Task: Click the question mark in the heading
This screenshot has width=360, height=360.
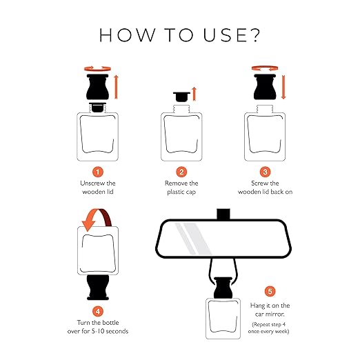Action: click(254, 35)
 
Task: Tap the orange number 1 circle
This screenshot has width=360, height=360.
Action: click(98, 172)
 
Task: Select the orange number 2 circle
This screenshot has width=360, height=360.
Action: click(181, 172)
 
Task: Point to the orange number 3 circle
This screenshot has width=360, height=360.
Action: click(265, 172)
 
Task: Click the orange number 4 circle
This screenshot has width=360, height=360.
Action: click(98, 312)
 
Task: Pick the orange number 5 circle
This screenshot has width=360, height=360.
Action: click(270, 291)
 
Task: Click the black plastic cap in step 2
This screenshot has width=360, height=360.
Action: click(181, 97)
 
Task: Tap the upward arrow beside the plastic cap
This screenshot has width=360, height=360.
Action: click(194, 94)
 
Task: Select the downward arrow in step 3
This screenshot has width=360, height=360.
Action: click(283, 87)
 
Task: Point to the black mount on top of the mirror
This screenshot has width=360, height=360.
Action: click(223, 214)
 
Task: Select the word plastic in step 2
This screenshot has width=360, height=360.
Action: click(176, 192)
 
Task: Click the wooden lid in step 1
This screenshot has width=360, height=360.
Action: click(97, 87)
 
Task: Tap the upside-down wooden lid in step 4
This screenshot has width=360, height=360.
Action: click(98, 288)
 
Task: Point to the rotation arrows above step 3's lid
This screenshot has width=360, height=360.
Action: click(265, 68)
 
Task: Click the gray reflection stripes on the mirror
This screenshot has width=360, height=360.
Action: click(192, 239)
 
